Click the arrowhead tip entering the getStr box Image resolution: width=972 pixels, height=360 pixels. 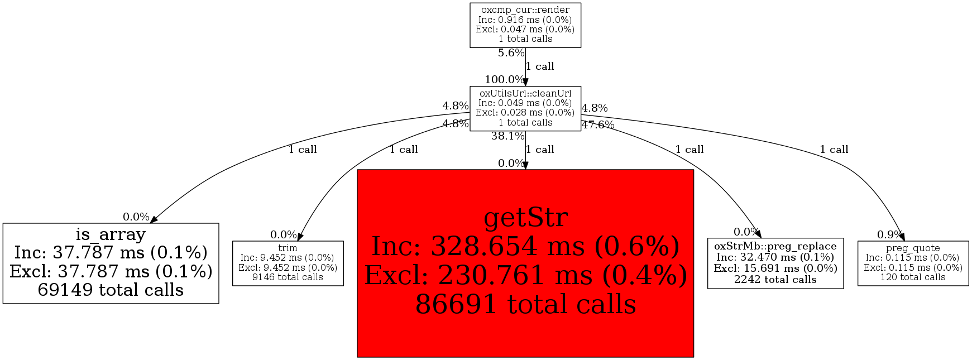coord(525,170)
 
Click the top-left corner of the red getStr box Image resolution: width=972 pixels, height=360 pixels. coord(357,170)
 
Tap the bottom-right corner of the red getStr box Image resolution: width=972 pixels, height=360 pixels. coord(693,357)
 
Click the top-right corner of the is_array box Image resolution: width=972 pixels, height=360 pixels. coord(218,223)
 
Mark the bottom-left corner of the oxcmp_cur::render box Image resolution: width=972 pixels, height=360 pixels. coord(470,47)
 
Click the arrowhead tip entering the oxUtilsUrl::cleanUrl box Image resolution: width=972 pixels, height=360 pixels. coord(525,86)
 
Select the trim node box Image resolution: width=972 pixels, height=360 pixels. coord(288,263)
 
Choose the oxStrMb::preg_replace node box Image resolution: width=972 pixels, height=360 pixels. coord(775,263)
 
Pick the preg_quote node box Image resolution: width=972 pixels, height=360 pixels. coord(913,263)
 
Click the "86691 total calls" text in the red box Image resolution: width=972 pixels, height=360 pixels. coord(526,305)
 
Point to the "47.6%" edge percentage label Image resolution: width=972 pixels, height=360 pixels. coord(598,125)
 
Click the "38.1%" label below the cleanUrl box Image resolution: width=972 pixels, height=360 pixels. coord(508,136)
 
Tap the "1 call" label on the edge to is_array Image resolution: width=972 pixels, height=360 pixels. coord(303,150)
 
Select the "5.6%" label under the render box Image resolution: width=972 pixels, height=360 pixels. coord(511,54)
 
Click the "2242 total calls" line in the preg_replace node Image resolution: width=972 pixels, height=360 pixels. coord(775,280)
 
